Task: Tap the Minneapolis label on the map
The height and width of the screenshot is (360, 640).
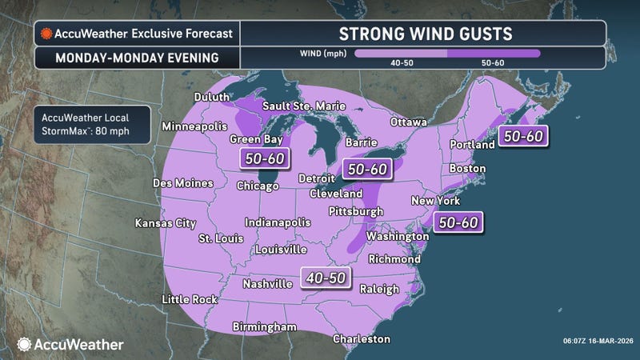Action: [195, 126]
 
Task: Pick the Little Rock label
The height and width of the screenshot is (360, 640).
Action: [188, 299]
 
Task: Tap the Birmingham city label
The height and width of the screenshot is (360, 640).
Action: [264, 326]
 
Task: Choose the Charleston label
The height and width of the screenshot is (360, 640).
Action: [362, 339]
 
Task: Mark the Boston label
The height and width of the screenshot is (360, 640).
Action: [468, 169]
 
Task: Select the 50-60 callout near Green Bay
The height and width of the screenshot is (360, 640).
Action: [265, 159]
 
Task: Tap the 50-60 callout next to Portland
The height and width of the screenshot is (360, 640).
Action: [524, 136]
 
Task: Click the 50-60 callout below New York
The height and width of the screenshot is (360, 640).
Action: [459, 222]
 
